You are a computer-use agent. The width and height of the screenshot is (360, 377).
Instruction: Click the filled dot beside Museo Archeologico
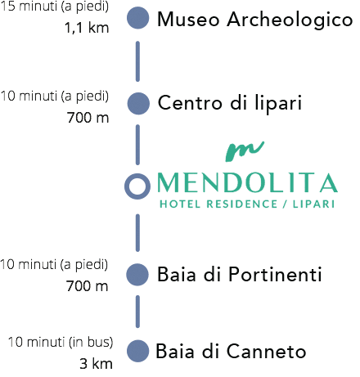pos(138,18)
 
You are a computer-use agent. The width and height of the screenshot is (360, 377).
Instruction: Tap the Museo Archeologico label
pos(255,20)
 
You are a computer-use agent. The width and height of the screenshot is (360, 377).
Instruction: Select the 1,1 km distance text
pos(87,28)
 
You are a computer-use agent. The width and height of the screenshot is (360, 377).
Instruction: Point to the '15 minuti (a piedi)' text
pos(55,7)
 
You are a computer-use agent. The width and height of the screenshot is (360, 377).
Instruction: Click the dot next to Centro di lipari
pos(138,103)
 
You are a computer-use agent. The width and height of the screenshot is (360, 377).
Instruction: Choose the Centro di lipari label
pos(230,104)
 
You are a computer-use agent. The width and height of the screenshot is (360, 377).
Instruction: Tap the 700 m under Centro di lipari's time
pos(88,118)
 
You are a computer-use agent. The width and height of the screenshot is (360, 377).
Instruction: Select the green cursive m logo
pos(245,151)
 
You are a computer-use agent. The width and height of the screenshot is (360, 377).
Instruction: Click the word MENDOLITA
pos(248,182)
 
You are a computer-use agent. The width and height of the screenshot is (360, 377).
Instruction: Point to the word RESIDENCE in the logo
pos(242,204)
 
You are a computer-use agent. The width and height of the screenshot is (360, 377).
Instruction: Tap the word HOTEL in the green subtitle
pos(180,204)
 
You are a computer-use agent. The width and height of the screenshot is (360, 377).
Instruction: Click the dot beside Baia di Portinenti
pos(137,275)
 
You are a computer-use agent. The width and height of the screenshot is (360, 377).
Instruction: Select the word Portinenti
pos(275,274)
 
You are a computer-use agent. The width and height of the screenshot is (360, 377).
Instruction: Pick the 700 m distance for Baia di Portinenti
pos(87,286)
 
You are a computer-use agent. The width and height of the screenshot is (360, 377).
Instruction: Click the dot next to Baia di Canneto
pos(138,351)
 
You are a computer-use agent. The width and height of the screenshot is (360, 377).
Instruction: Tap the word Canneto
pos(267,352)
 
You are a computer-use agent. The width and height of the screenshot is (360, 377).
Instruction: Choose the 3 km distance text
pos(96,364)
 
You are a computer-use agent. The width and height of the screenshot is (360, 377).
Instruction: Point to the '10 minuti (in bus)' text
pos(61,342)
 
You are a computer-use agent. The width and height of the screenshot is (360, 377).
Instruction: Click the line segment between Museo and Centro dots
pos(137,61)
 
